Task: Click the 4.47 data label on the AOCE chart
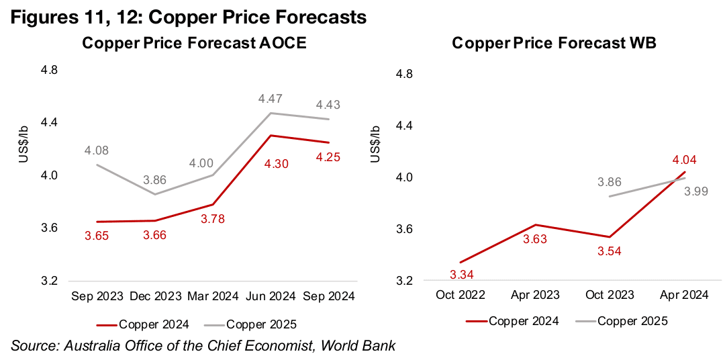point(271,99)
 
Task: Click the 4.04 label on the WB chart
point(685,159)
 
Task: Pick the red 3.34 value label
point(463,274)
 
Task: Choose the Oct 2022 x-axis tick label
point(463,296)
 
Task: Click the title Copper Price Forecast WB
point(554,44)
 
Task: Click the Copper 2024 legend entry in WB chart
point(514,321)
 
